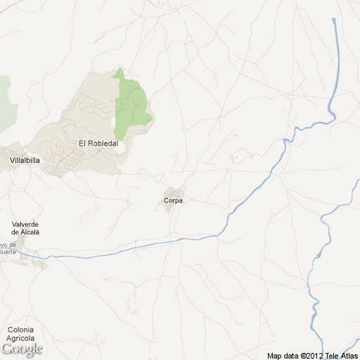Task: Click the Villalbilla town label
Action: click(25, 160)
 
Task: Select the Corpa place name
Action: click(173, 201)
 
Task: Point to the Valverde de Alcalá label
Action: click(25, 228)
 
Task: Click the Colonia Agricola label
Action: click(21, 333)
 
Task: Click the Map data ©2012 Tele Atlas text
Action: click(311, 355)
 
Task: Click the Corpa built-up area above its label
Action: click(173, 193)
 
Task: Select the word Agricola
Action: click(21, 337)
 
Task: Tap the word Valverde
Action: click(25, 224)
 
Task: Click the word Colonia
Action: click(21, 329)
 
